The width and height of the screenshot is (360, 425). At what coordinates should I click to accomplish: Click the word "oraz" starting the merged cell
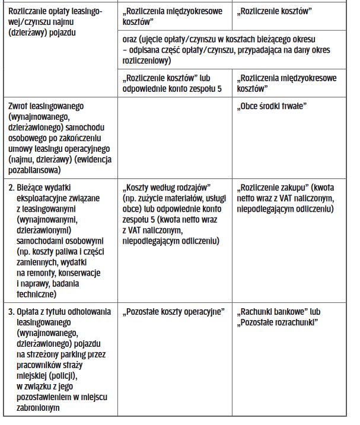point(129,39)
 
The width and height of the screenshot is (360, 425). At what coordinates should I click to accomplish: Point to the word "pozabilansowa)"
point(36,170)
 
